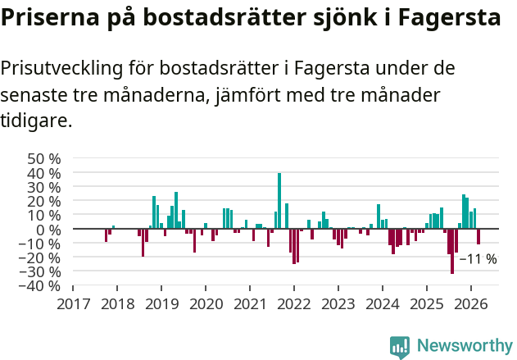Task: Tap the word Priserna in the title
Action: click(x=48, y=18)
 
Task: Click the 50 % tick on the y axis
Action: click(x=44, y=158)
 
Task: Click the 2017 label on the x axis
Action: click(x=73, y=303)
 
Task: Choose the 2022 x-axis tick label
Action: click(x=294, y=303)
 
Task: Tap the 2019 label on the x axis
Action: click(x=161, y=303)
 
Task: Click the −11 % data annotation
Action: click(x=478, y=259)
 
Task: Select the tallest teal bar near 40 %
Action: click(x=279, y=200)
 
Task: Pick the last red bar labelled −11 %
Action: click(x=478, y=236)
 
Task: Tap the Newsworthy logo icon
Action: click(x=400, y=347)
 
